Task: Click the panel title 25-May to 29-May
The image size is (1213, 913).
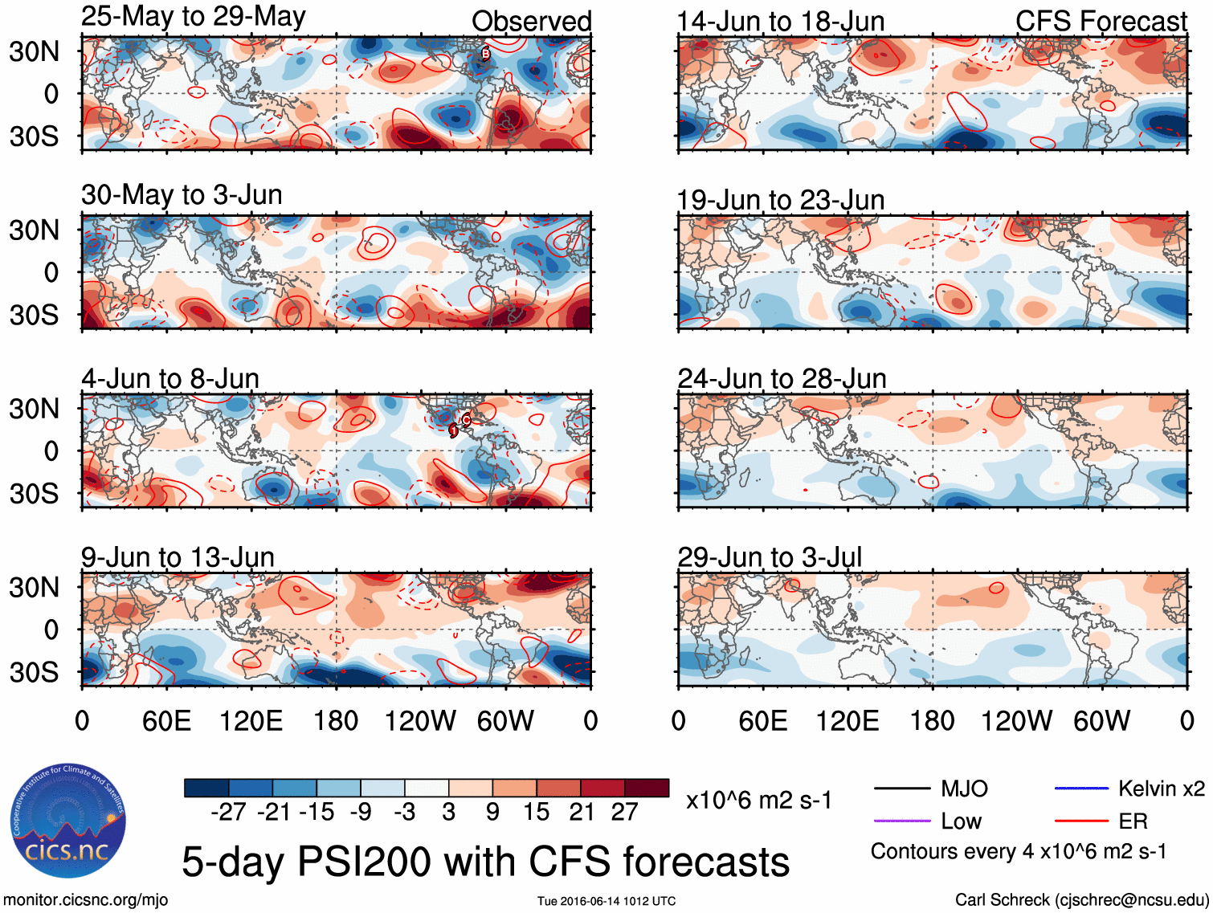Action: click(193, 17)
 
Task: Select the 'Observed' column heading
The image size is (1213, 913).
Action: click(531, 22)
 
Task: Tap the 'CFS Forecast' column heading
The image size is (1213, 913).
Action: click(1101, 22)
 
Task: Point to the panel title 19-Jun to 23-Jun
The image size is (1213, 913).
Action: click(781, 200)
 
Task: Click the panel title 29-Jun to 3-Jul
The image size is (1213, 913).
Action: click(770, 556)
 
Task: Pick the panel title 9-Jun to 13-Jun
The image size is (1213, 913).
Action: click(178, 556)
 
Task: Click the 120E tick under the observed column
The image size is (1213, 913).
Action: click(251, 720)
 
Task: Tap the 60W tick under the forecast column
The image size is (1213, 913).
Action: click(1101, 720)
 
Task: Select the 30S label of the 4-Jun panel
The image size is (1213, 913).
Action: click(34, 493)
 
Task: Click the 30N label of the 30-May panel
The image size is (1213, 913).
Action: click(34, 230)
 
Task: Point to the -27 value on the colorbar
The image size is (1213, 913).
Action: click(228, 812)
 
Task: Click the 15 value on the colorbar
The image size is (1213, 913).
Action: click(536, 812)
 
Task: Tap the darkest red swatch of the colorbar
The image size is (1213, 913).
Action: click(647, 788)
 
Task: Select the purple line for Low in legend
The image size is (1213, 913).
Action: click(902, 821)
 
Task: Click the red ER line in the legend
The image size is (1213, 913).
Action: click(1080, 821)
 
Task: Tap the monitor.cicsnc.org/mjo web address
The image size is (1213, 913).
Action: click(86, 900)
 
